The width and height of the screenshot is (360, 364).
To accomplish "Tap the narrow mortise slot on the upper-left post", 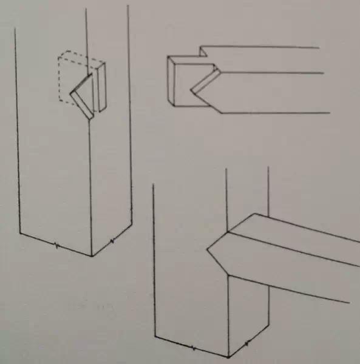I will pyautogui.click(x=101, y=88).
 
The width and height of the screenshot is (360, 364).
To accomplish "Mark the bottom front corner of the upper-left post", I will pyautogui.click(x=92, y=255).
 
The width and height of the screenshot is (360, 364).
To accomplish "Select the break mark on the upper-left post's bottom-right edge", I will pyautogui.click(x=112, y=243).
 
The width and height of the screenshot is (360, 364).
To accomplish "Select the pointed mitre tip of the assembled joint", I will pyautogui.click(x=208, y=249).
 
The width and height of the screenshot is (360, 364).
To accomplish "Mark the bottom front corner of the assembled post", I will pyautogui.click(x=229, y=356).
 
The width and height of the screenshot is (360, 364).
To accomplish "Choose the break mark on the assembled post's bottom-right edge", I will pyautogui.click(x=248, y=345).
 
